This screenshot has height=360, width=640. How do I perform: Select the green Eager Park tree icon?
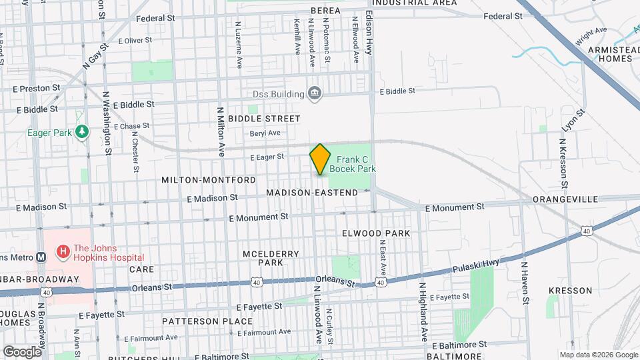tap(81, 132)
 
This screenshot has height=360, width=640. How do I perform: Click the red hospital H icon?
tap(63, 252)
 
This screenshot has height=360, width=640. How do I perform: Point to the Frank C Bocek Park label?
tap(356, 164)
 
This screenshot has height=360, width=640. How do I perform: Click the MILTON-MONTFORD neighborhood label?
tap(209, 180)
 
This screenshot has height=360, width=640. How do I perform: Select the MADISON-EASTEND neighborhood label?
tap(312, 192)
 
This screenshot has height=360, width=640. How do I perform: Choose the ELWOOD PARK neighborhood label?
tap(375, 233)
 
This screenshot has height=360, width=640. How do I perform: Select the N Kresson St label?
tap(563, 163)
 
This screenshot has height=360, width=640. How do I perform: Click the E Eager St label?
tap(267, 157)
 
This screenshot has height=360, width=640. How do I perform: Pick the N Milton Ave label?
tap(219, 129)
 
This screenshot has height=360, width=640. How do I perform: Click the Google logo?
tap(23, 351)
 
